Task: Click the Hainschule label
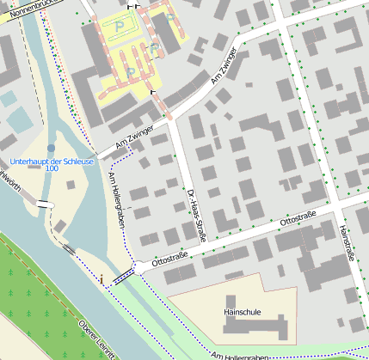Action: click(242, 312)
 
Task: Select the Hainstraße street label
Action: click(348, 241)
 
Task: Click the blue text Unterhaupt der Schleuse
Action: click(46, 162)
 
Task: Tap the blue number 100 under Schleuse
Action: click(52, 169)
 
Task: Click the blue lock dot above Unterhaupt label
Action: click(51, 149)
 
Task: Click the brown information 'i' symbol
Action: click(101, 278)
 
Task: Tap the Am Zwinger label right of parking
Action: click(222, 65)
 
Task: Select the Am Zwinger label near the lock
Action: click(133, 139)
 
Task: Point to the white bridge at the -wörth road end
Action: click(43, 204)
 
